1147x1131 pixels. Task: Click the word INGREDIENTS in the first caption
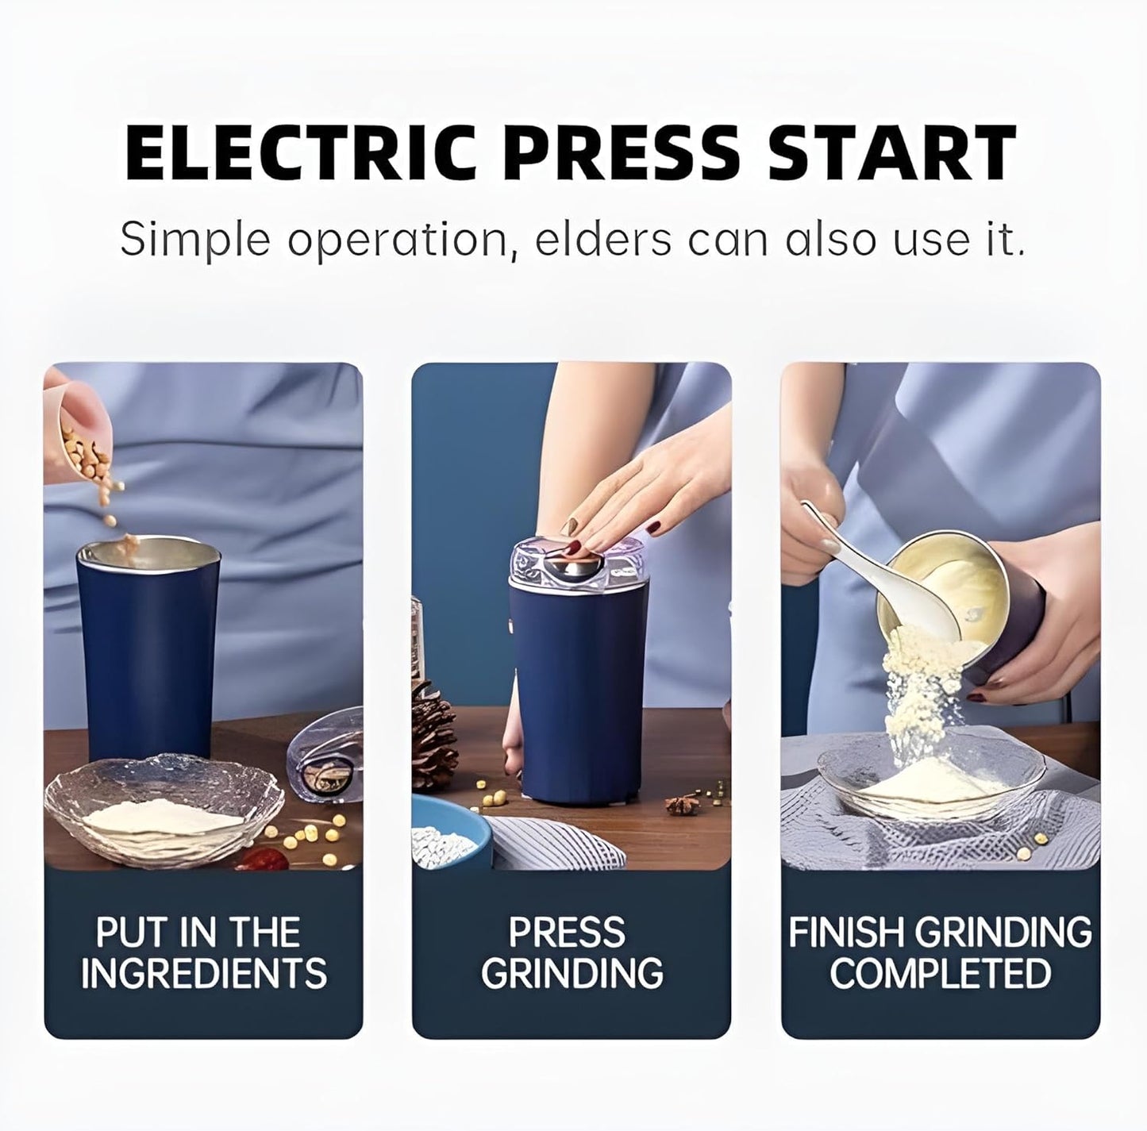pyautogui.click(x=203, y=974)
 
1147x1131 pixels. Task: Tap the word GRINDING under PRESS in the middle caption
pyautogui.click(x=572, y=974)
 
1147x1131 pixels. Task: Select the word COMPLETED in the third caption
pyautogui.click(x=941, y=974)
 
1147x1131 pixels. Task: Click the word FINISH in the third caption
pyautogui.click(x=846, y=933)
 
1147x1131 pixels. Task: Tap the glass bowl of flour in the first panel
pyautogui.click(x=163, y=810)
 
